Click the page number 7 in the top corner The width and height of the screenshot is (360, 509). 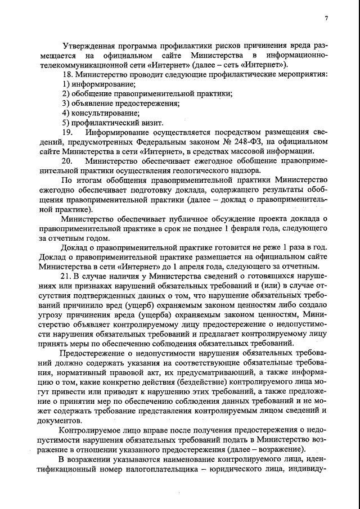(326, 19)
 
